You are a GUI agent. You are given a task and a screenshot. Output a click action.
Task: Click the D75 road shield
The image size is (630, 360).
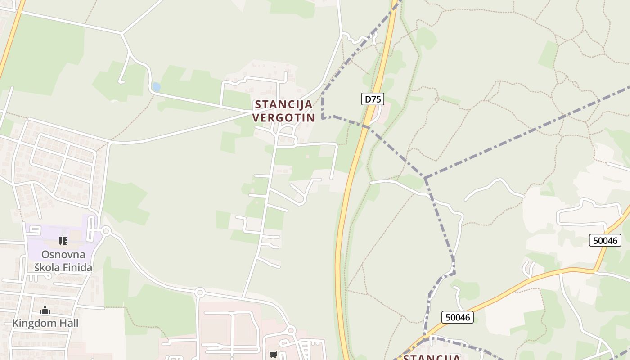coord(372,99)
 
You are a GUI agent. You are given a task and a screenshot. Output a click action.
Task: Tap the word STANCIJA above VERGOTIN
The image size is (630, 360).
coord(283,104)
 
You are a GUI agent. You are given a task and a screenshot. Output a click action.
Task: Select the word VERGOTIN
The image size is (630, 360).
coord(283,118)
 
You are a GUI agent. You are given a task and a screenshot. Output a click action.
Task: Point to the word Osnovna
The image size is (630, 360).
coord(63,254)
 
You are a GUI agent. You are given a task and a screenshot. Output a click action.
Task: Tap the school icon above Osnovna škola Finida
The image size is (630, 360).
coord(63,241)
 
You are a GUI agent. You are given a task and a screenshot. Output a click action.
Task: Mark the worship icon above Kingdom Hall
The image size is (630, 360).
coord(45,310)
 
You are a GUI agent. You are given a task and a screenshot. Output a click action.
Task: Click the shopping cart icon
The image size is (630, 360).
coord(273,354)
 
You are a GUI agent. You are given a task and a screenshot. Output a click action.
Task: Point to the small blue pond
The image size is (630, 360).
coord(156,87)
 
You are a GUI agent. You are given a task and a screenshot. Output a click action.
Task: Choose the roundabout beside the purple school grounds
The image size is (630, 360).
coord(106,231)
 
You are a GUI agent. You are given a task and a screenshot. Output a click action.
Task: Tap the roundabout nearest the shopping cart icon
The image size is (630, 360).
coord(291,331)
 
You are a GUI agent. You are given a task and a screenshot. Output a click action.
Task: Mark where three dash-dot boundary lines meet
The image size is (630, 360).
coord(425,178)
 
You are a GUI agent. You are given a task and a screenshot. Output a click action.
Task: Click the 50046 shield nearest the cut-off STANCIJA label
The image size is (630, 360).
coord(457,317)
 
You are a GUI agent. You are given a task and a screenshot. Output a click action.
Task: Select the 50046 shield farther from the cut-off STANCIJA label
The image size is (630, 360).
coord(605,240)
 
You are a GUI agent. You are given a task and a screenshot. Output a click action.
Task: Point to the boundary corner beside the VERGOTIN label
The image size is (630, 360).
coord(323,118)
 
